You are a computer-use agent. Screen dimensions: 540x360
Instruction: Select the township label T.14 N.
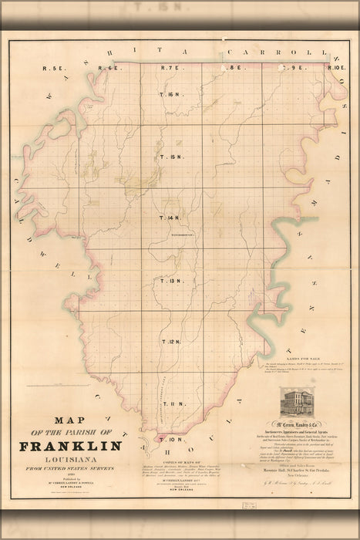(170, 218)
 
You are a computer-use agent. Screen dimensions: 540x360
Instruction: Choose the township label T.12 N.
(170, 340)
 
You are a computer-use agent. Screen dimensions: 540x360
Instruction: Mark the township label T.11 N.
(170, 402)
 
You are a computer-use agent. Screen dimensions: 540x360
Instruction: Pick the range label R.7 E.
(170, 69)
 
